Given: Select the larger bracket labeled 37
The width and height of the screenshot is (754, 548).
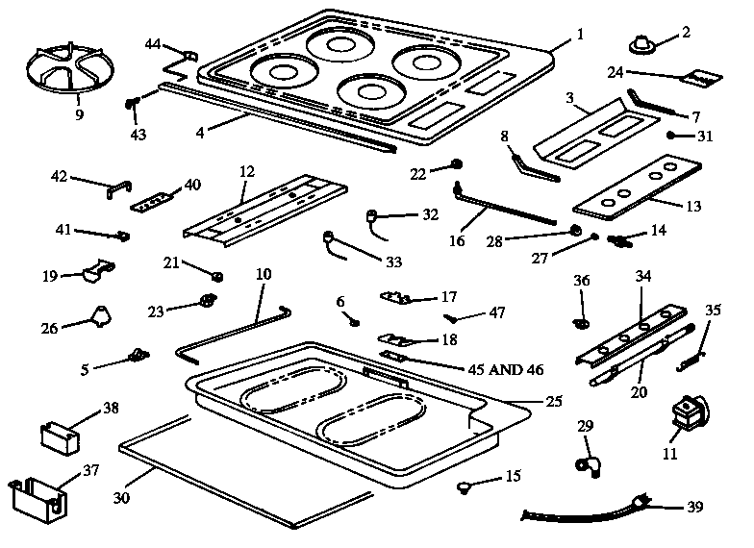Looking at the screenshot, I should pos(36,494).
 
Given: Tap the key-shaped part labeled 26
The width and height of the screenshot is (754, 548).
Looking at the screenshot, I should pos(99,314).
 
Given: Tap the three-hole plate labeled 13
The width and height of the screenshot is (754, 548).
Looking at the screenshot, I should pos(641,193).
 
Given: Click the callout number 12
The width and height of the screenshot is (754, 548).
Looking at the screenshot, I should pos(247,171).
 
